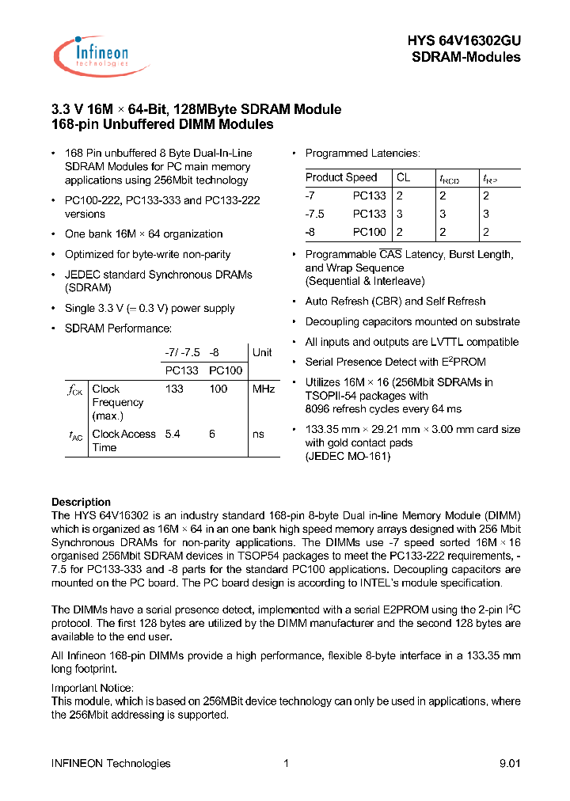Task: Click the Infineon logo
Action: tap(91, 55)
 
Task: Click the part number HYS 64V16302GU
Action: tap(464, 40)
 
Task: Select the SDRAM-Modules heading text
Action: tap(466, 57)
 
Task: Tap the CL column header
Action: tap(403, 177)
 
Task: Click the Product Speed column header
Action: tap(341, 177)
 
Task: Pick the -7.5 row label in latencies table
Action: tap(315, 214)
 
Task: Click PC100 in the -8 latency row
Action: tap(369, 232)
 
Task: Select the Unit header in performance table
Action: tap(262, 352)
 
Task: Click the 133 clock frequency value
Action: tap(174, 389)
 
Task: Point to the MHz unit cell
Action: tap(263, 389)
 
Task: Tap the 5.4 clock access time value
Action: tap(172, 434)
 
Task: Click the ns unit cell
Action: tap(258, 434)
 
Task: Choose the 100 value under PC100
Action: tap(218, 389)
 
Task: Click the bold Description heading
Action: tap(81, 502)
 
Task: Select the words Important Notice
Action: tap(93, 688)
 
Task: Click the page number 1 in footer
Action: tap(285, 763)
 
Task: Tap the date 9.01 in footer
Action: tap(510, 763)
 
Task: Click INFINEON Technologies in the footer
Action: tap(111, 763)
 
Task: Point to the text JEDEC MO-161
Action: tap(348, 456)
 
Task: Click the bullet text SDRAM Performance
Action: tap(118, 328)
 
